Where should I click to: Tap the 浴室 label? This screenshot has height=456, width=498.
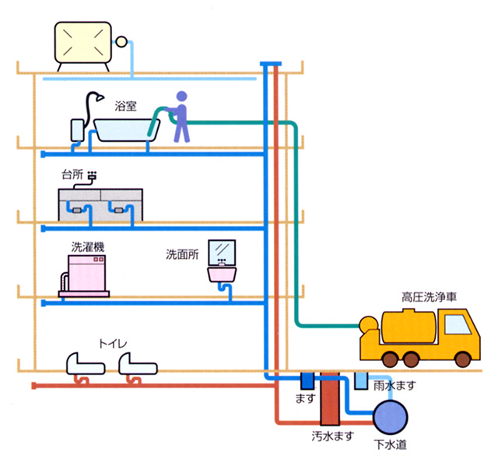click(126, 107)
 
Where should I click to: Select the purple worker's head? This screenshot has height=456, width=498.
click(182, 97)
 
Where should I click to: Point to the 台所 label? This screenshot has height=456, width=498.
click(72, 175)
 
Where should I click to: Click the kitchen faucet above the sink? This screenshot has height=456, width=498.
click(93, 176)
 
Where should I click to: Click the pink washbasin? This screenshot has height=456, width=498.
click(223, 274)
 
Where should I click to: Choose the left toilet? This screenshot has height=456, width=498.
click(82, 362)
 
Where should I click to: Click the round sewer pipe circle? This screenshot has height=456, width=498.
click(388, 417)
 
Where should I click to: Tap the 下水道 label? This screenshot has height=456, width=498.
click(388, 445)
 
